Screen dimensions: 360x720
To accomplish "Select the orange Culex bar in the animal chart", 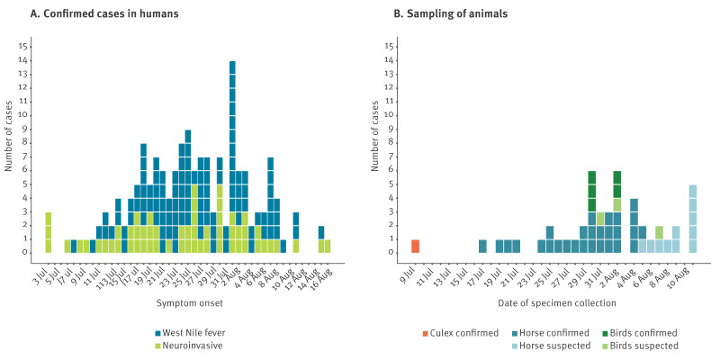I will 415,246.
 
